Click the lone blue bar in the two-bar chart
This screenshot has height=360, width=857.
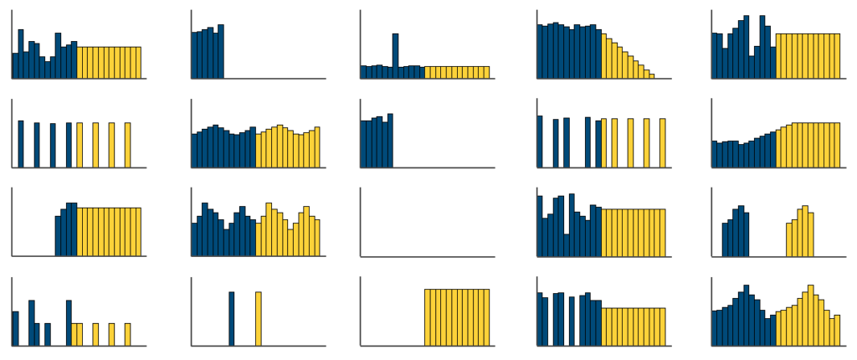tap(232, 319)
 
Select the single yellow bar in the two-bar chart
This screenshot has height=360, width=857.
tap(259, 319)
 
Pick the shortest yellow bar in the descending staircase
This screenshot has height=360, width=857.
tap(652, 76)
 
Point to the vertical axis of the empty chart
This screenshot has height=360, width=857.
tap(360, 222)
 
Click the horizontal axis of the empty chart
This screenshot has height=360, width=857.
tap(426, 256)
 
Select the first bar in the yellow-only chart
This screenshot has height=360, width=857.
tap(428, 317)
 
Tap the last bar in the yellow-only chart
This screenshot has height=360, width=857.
tap(486, 317)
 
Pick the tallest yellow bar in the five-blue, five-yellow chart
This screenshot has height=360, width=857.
tap(805, 231)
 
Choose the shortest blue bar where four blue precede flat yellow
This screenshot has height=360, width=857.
tap(58, 236)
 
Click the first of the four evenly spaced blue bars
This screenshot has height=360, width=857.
tap(21, 144)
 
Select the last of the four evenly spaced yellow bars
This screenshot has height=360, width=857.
tap(128, 145)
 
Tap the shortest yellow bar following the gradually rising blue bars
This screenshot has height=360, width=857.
tap(778, 149)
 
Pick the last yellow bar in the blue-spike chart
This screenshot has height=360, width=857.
tap(486, 72)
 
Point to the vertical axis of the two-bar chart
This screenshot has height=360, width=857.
tap(192, 311)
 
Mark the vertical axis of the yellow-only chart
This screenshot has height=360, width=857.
tap(360, 311)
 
